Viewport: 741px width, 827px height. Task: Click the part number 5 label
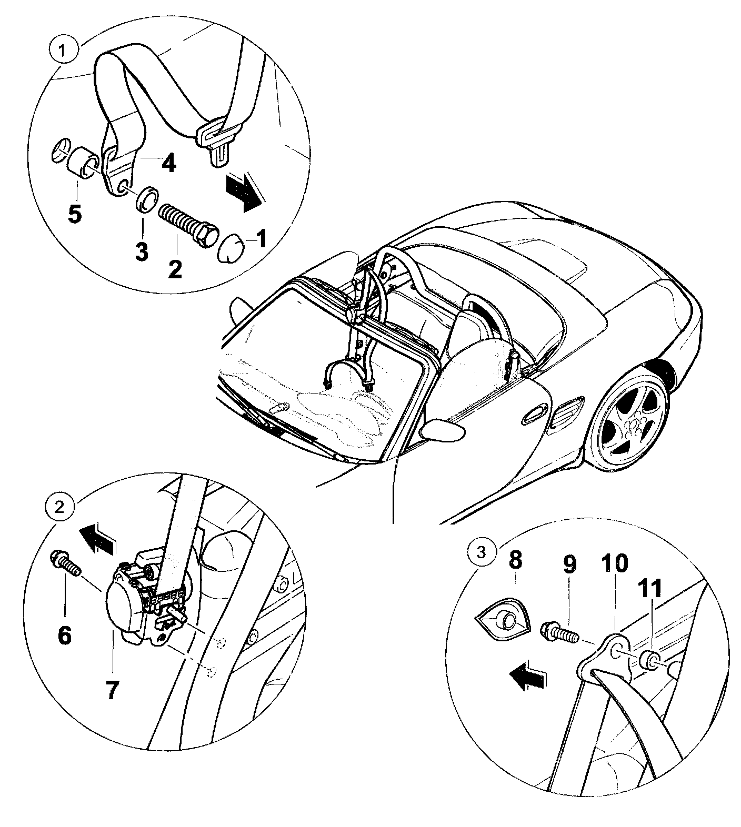click(75, 214)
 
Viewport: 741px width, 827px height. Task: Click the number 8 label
click(516, 561)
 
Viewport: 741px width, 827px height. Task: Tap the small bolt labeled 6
click(65, 562)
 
